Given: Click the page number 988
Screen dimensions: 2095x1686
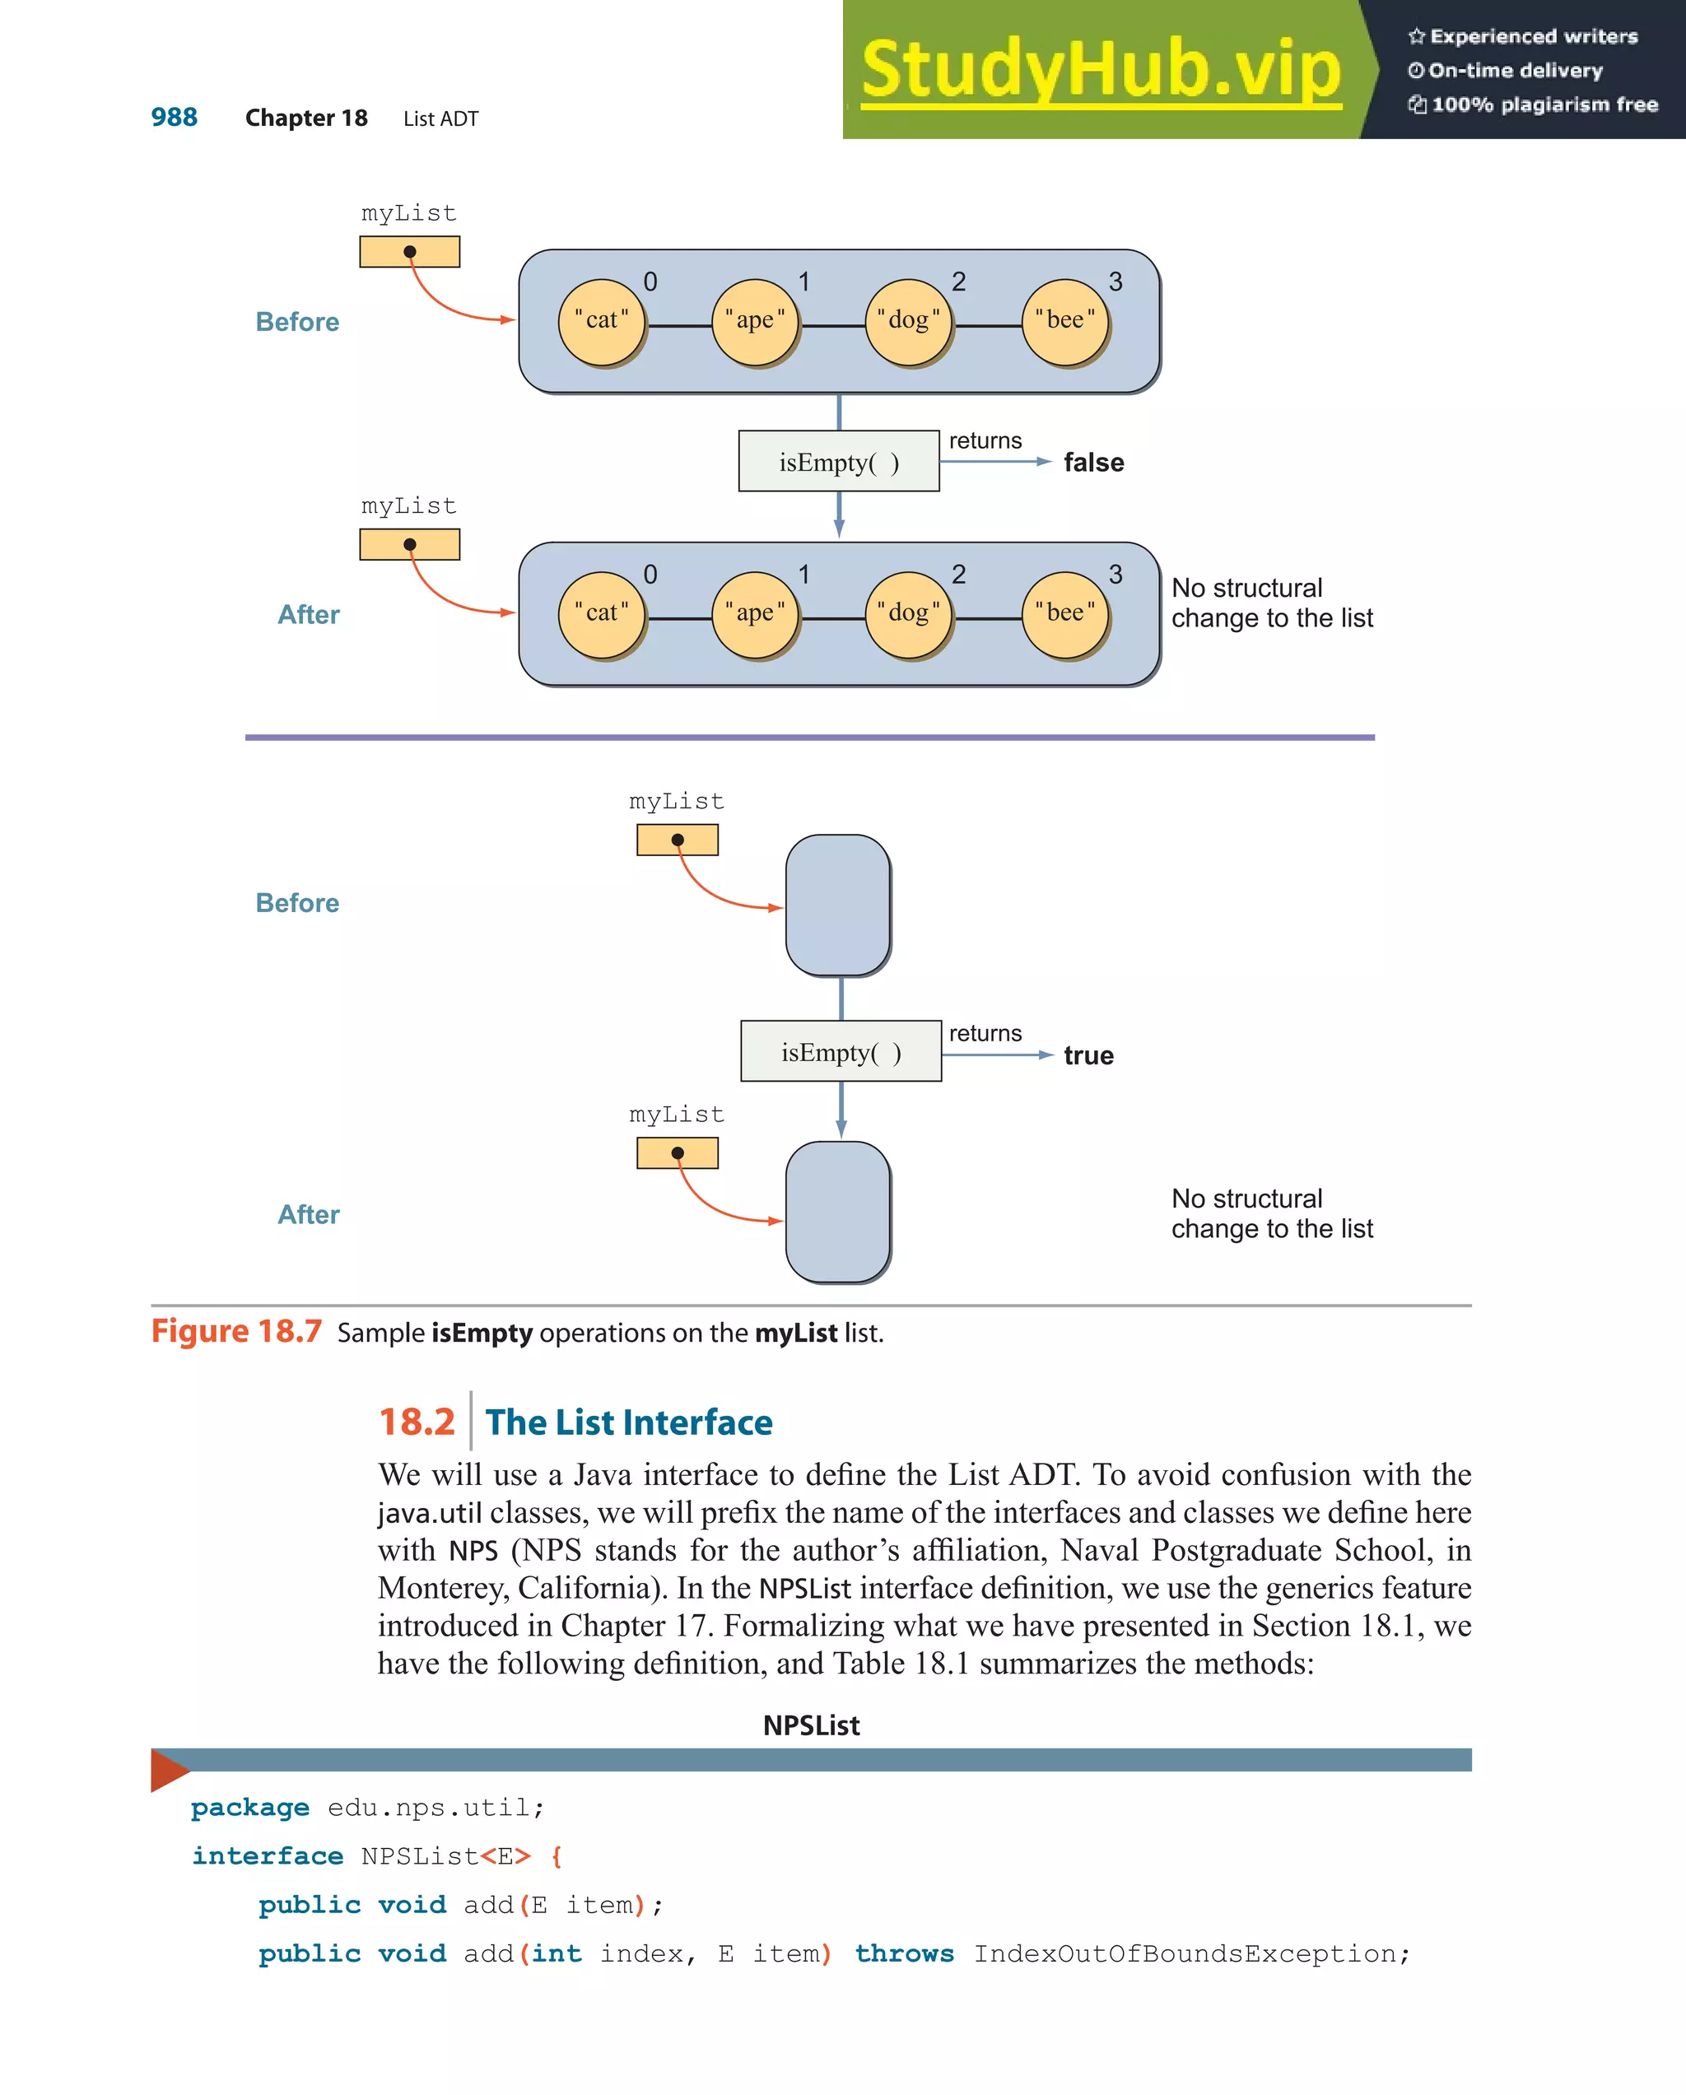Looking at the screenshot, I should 174,118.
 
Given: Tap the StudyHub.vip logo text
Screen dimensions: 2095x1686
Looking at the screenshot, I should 1100,70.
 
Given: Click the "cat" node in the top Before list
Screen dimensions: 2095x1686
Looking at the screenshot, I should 602,322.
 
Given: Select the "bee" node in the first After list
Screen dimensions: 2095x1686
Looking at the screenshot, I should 1065,614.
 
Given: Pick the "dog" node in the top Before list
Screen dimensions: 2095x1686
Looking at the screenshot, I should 909,322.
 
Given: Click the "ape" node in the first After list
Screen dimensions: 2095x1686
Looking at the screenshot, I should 755,614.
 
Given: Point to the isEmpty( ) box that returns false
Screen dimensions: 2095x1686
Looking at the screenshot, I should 839,462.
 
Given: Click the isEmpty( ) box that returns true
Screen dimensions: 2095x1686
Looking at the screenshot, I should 841,1051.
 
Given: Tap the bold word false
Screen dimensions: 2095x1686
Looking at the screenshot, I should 1093,463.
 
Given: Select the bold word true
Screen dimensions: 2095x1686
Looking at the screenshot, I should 1088,1055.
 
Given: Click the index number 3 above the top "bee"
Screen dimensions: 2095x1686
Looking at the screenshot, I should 1115,282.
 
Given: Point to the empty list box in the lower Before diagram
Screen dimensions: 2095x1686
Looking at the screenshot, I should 838,905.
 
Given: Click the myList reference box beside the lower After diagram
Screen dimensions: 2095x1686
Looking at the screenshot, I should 678,1153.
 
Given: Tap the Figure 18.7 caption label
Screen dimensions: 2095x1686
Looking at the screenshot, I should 236,1331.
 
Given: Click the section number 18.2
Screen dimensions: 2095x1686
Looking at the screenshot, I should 416,1422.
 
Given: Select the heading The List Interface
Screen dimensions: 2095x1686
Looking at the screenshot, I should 629,1422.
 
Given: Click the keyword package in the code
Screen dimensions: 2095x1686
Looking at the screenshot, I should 249,1808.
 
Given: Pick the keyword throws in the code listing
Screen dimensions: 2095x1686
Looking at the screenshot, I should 904,1953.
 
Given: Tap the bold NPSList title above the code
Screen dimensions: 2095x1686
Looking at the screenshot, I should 812,1725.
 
